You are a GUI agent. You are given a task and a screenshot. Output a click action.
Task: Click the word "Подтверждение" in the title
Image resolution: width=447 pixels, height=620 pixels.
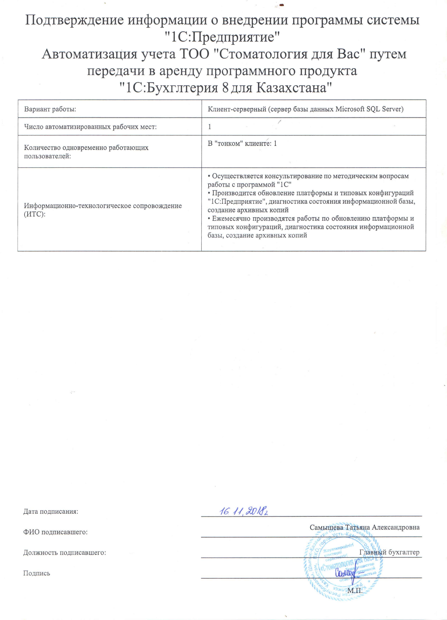pos(74,21)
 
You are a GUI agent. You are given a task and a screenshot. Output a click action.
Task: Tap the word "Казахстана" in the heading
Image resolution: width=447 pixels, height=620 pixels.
pos(292,88)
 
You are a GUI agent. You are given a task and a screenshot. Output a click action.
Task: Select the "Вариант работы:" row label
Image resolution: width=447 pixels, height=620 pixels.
pos(50,109)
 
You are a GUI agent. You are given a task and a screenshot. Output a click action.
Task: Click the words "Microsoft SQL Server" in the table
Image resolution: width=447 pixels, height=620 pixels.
pos(369,109)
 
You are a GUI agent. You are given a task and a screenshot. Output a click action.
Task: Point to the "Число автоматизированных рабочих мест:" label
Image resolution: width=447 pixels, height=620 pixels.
pos(90,127)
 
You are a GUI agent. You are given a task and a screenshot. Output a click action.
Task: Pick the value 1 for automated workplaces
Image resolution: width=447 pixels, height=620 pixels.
pos(210,127)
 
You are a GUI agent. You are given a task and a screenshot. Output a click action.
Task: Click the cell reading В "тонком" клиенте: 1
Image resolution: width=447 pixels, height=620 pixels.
pos(242,143)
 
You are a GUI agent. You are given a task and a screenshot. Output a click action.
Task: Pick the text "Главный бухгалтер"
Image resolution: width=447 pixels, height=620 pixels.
pos(389,552)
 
